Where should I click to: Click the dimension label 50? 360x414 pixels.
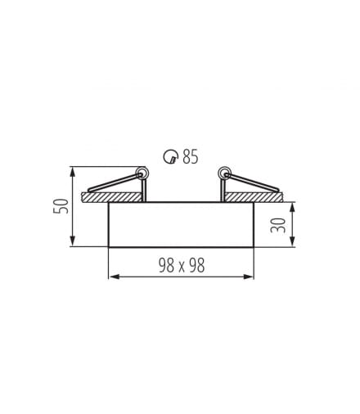pos(61,206)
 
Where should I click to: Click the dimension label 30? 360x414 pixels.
pos(277,225)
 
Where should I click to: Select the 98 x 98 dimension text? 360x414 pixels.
pos(182,265)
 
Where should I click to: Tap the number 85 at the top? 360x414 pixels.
pos(191,156)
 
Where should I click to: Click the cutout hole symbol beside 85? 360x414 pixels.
pos(170,157)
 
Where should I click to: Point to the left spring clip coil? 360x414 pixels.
pos(142,173)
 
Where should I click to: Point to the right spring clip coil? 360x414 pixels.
pos(224,173)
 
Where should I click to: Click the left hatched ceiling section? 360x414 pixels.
pos(111,197)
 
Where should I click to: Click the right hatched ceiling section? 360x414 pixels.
pos(254,197)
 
